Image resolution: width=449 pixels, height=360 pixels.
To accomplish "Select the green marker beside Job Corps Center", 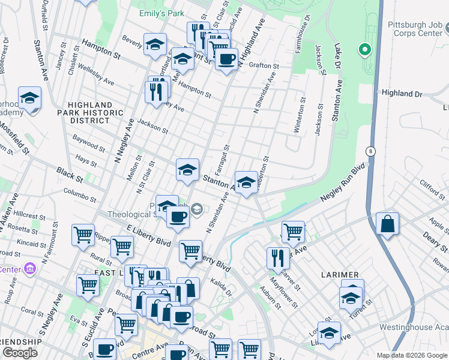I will pyautogui.click(x=364, y=50).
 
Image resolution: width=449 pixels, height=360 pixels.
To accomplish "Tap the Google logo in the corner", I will pyautogui.click(x=20, y=353).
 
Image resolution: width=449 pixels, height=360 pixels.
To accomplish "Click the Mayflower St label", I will pyautogui.click(x=284, y=289).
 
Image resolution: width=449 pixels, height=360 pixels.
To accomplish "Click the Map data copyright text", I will pyautogui.click(x=412, y=355).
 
